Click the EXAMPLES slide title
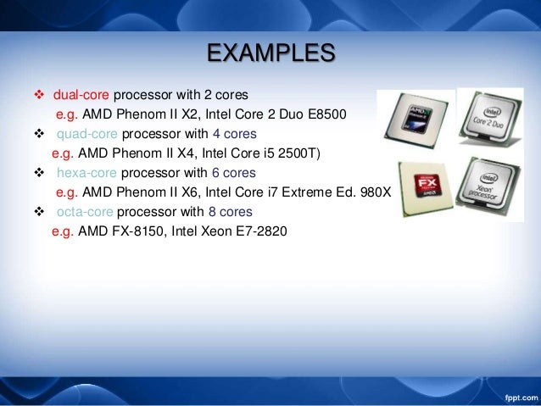(270, 53)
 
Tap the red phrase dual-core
(81, 94)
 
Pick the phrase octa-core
(84, 212)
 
